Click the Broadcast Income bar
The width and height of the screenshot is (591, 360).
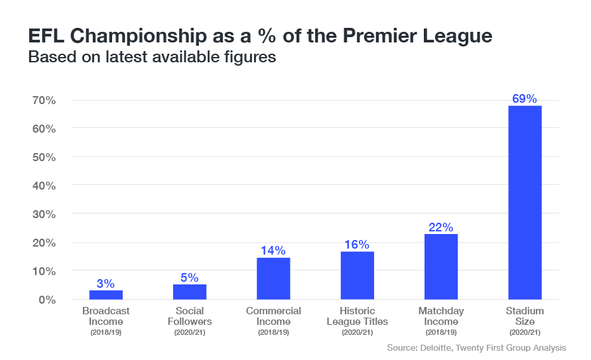pos(106,295)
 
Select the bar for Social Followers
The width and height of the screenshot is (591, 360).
pos(190,292)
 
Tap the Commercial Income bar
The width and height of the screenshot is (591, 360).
pos(273,278)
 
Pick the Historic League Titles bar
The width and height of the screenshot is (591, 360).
pos(357,276)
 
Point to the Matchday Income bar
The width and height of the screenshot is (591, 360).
pos(441,267)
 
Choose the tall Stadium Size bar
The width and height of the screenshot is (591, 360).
pos(525,202)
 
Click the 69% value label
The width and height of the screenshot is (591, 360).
pos(525,99)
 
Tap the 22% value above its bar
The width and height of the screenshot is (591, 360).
pos(441,227)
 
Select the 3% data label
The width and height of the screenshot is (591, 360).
pos(106,283)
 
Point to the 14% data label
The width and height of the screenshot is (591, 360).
pos(273,251)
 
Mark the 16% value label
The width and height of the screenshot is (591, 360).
pos(357,245)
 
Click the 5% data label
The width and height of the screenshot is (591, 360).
pos(190,277)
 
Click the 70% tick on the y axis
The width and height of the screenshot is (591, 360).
pos(43,100)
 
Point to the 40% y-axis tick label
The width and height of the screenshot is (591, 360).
pos(43,186)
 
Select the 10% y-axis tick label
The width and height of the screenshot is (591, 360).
pos(43,271)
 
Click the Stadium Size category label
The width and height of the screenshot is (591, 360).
pos(525,316)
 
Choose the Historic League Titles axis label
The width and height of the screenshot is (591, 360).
pos(357,316)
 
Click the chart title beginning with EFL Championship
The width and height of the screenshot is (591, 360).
pos(260,36)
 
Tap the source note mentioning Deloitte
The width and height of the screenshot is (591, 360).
pos(476,347)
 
